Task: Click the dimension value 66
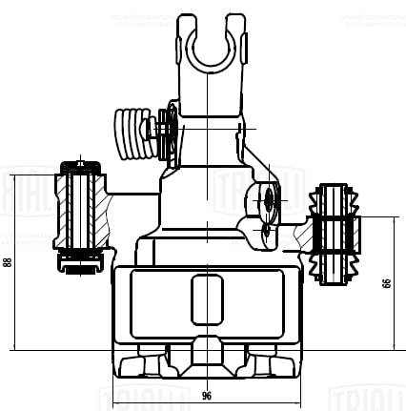pos(386,283)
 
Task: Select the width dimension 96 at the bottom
pos(206,395)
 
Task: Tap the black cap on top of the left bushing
pos(80,167)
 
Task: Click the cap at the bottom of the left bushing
pos(79,271)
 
